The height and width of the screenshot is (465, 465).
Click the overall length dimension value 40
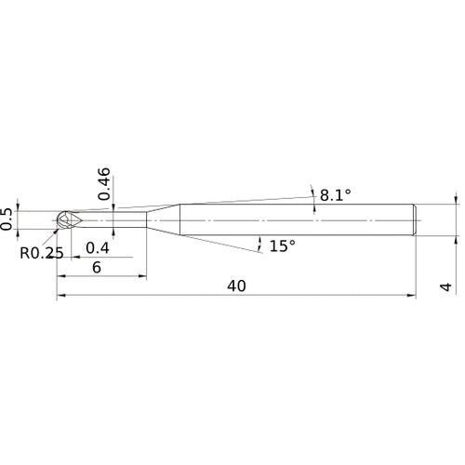click(x=235, y=286)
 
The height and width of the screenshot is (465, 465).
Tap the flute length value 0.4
click(x=96, y=247)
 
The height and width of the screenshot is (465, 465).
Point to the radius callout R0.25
click(x=40, y=252)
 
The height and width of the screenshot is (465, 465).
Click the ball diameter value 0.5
click(x=8, y=217)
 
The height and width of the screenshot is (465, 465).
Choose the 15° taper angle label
click(x=282, y=246)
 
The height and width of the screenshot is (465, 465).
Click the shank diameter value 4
click(x=446, y=287)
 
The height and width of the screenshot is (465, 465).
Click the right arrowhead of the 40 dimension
click(x=411, y=297)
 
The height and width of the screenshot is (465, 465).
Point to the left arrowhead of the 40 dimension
click(x=61, y=297)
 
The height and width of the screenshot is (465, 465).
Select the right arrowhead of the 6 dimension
click(x=141, y=276)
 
